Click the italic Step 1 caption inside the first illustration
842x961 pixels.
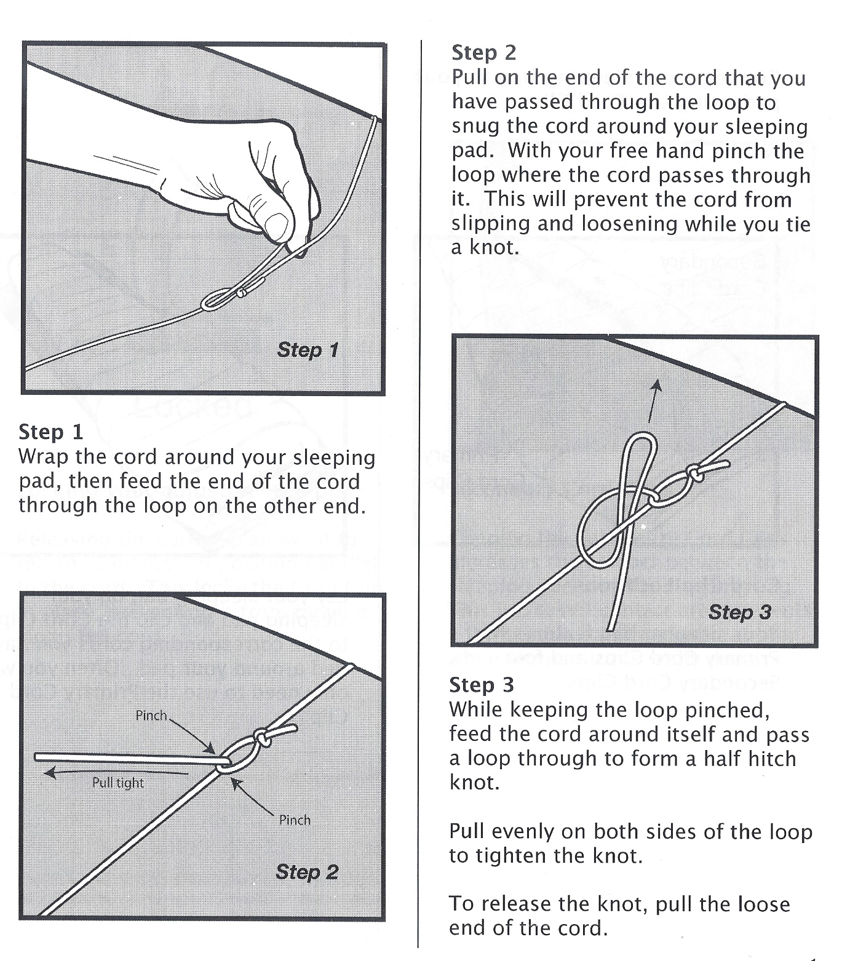point(308,350)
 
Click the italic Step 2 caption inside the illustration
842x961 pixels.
point(306,872)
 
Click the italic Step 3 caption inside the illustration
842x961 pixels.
point(739,612)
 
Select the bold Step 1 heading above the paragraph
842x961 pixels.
point(50,432)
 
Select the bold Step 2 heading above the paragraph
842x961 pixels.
point(483,53)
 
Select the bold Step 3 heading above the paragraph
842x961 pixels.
point(481,685)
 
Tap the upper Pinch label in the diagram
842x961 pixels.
point(151,716)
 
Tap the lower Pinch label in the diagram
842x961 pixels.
point(295,820)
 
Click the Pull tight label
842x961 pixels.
point(117,783)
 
